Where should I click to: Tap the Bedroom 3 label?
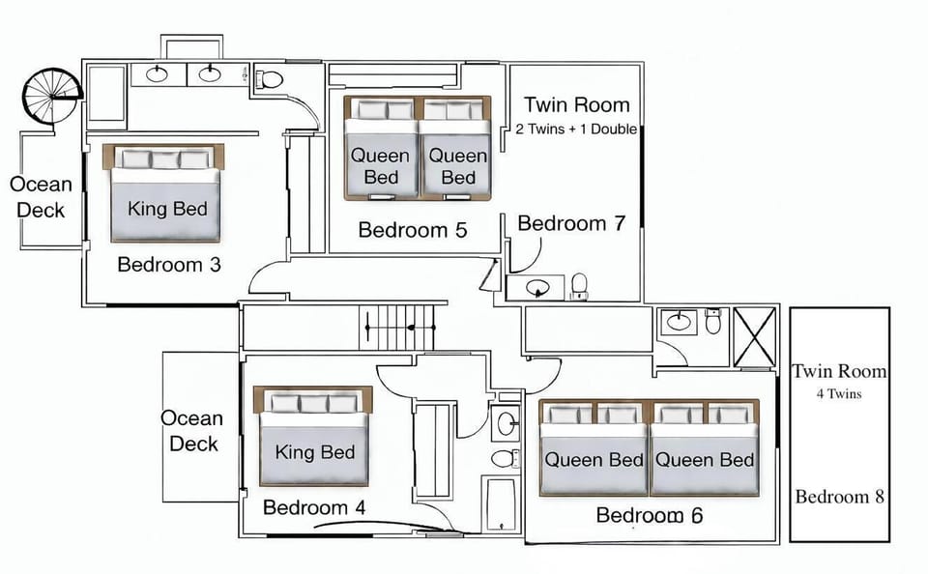(x=169, y=264)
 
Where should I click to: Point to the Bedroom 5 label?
(x=413, y=230)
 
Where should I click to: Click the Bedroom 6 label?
(x=649, y=515)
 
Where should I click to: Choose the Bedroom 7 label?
(x=571, y=223)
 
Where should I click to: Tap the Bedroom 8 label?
(x=839, y=497)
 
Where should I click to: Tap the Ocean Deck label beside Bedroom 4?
(x=191, y=431)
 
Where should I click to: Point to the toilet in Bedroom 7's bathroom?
(x=579, y=284)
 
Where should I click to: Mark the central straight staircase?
(x=397, y=327)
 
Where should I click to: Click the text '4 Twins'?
(x=839, y=393)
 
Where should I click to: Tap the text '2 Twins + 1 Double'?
(x=576, y=129)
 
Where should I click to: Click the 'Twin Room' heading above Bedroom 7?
(x=576, y=104)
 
